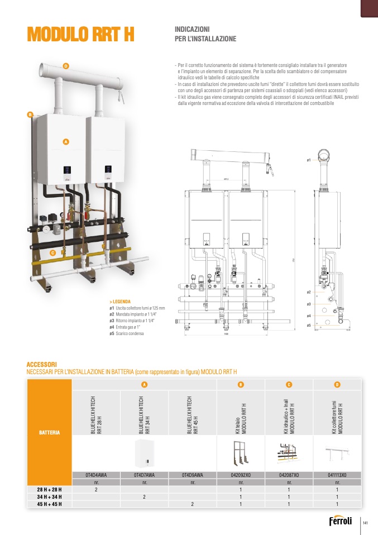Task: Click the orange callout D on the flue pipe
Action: pyautogui.click(x=65, y=66)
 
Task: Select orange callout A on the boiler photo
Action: pyautogui.click(x=65, y=142)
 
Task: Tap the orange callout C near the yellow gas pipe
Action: pyautogui.click(x=53, y=252)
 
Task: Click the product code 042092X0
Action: pyautogui.click(x=241, y=475)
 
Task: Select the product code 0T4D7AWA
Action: pyautogui.click(x=144, y=475)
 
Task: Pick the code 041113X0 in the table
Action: pyautogui.click(x=337, y=475)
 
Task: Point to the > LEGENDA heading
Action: pyautogui.click(x=120, y=301)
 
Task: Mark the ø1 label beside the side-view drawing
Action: pyautogui.click(x=309, y=160)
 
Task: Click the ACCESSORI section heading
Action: pyautogui.click(x=42, y=364)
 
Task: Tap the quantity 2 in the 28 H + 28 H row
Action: pyautogui.click(x=96, y=489)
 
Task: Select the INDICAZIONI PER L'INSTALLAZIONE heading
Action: pyautogui.click(x=205, y=34)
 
